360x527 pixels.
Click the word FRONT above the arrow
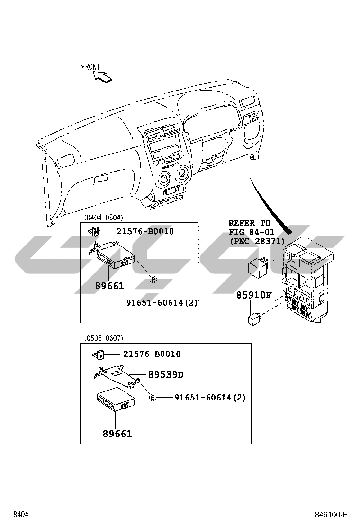(x=90, y=67)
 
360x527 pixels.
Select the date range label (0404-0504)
(x=103, y=218)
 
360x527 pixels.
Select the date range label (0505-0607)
(x=103, y=338)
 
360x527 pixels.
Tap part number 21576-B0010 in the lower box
(x=152, y=354)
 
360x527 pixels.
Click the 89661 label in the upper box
(x=109, y=286)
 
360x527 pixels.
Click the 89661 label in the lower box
(x=117, y=434)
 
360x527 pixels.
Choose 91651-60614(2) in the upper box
(x=162, y=302)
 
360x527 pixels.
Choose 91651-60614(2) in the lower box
(x=210, y=398)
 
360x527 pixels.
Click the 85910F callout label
(x=254, y=295)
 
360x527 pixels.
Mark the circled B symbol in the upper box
(x=153, y=280)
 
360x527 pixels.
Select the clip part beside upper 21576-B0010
(x=94, y=231)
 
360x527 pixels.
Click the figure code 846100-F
(x=332, y=515)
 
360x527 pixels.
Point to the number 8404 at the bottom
(x=21, y=515)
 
